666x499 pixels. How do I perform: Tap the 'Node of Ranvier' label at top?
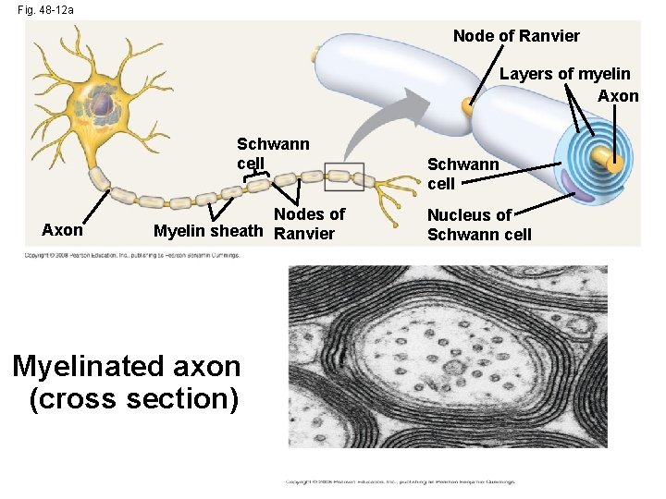[x=516, y=36]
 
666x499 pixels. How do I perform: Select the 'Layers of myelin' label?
[x=564, y=74]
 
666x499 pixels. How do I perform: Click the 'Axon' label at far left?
[x=63, y=230]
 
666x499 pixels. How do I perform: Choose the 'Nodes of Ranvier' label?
[x=309, y=224]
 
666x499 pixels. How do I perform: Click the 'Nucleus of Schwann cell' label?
[x=479, y=225]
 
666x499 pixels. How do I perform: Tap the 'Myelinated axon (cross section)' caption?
[x=127, y=382]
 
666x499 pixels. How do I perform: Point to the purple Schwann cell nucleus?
[x=584, y=190]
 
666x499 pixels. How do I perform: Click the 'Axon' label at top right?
[x=618, y=95]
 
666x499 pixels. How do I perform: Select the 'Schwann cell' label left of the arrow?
[x=273, y=153]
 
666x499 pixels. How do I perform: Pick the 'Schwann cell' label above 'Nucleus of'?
[x=462, y=174]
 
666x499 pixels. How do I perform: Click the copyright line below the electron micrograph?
[x=400, y=481]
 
